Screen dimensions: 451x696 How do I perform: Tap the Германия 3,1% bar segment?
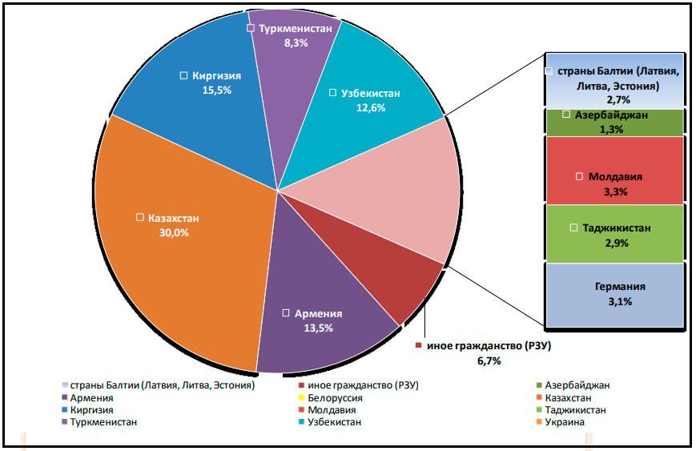[614, 295]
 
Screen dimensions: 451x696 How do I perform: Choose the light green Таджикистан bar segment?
[614, 233]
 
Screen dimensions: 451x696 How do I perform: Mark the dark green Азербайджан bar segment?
[614, 121]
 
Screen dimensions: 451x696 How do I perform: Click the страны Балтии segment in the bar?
[614, 81]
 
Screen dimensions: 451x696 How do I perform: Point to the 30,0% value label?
[174, 232]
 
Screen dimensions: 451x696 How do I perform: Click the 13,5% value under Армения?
[319, 328]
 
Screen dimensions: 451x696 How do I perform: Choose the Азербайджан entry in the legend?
[577, 385]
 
